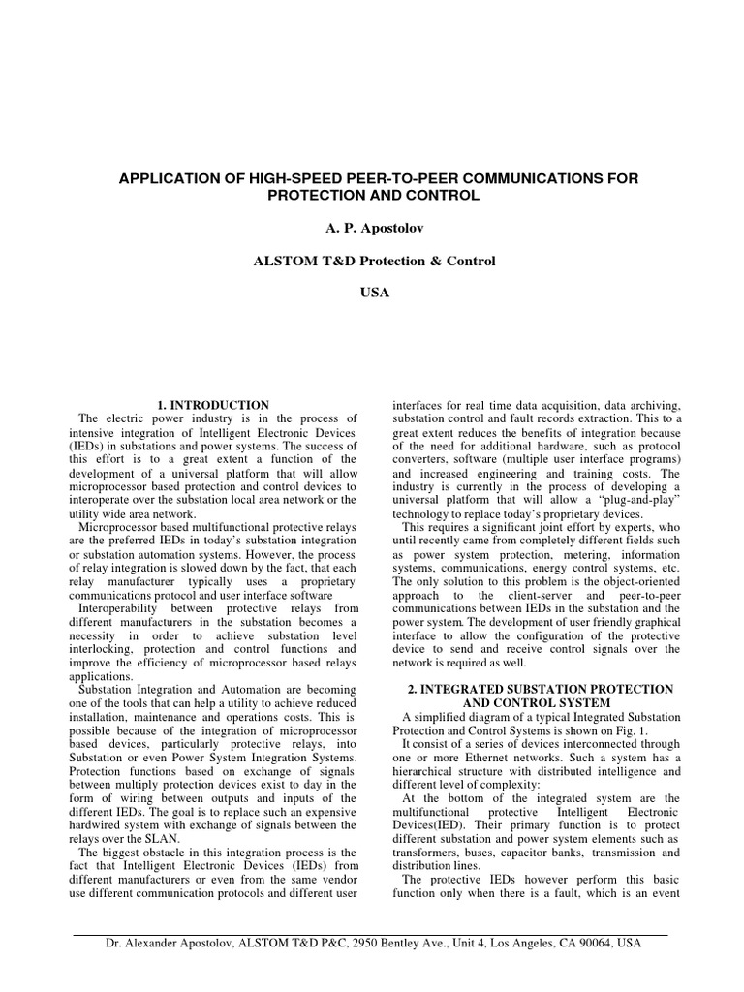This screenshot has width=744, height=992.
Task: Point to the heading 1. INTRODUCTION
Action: [x=212, y=404]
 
